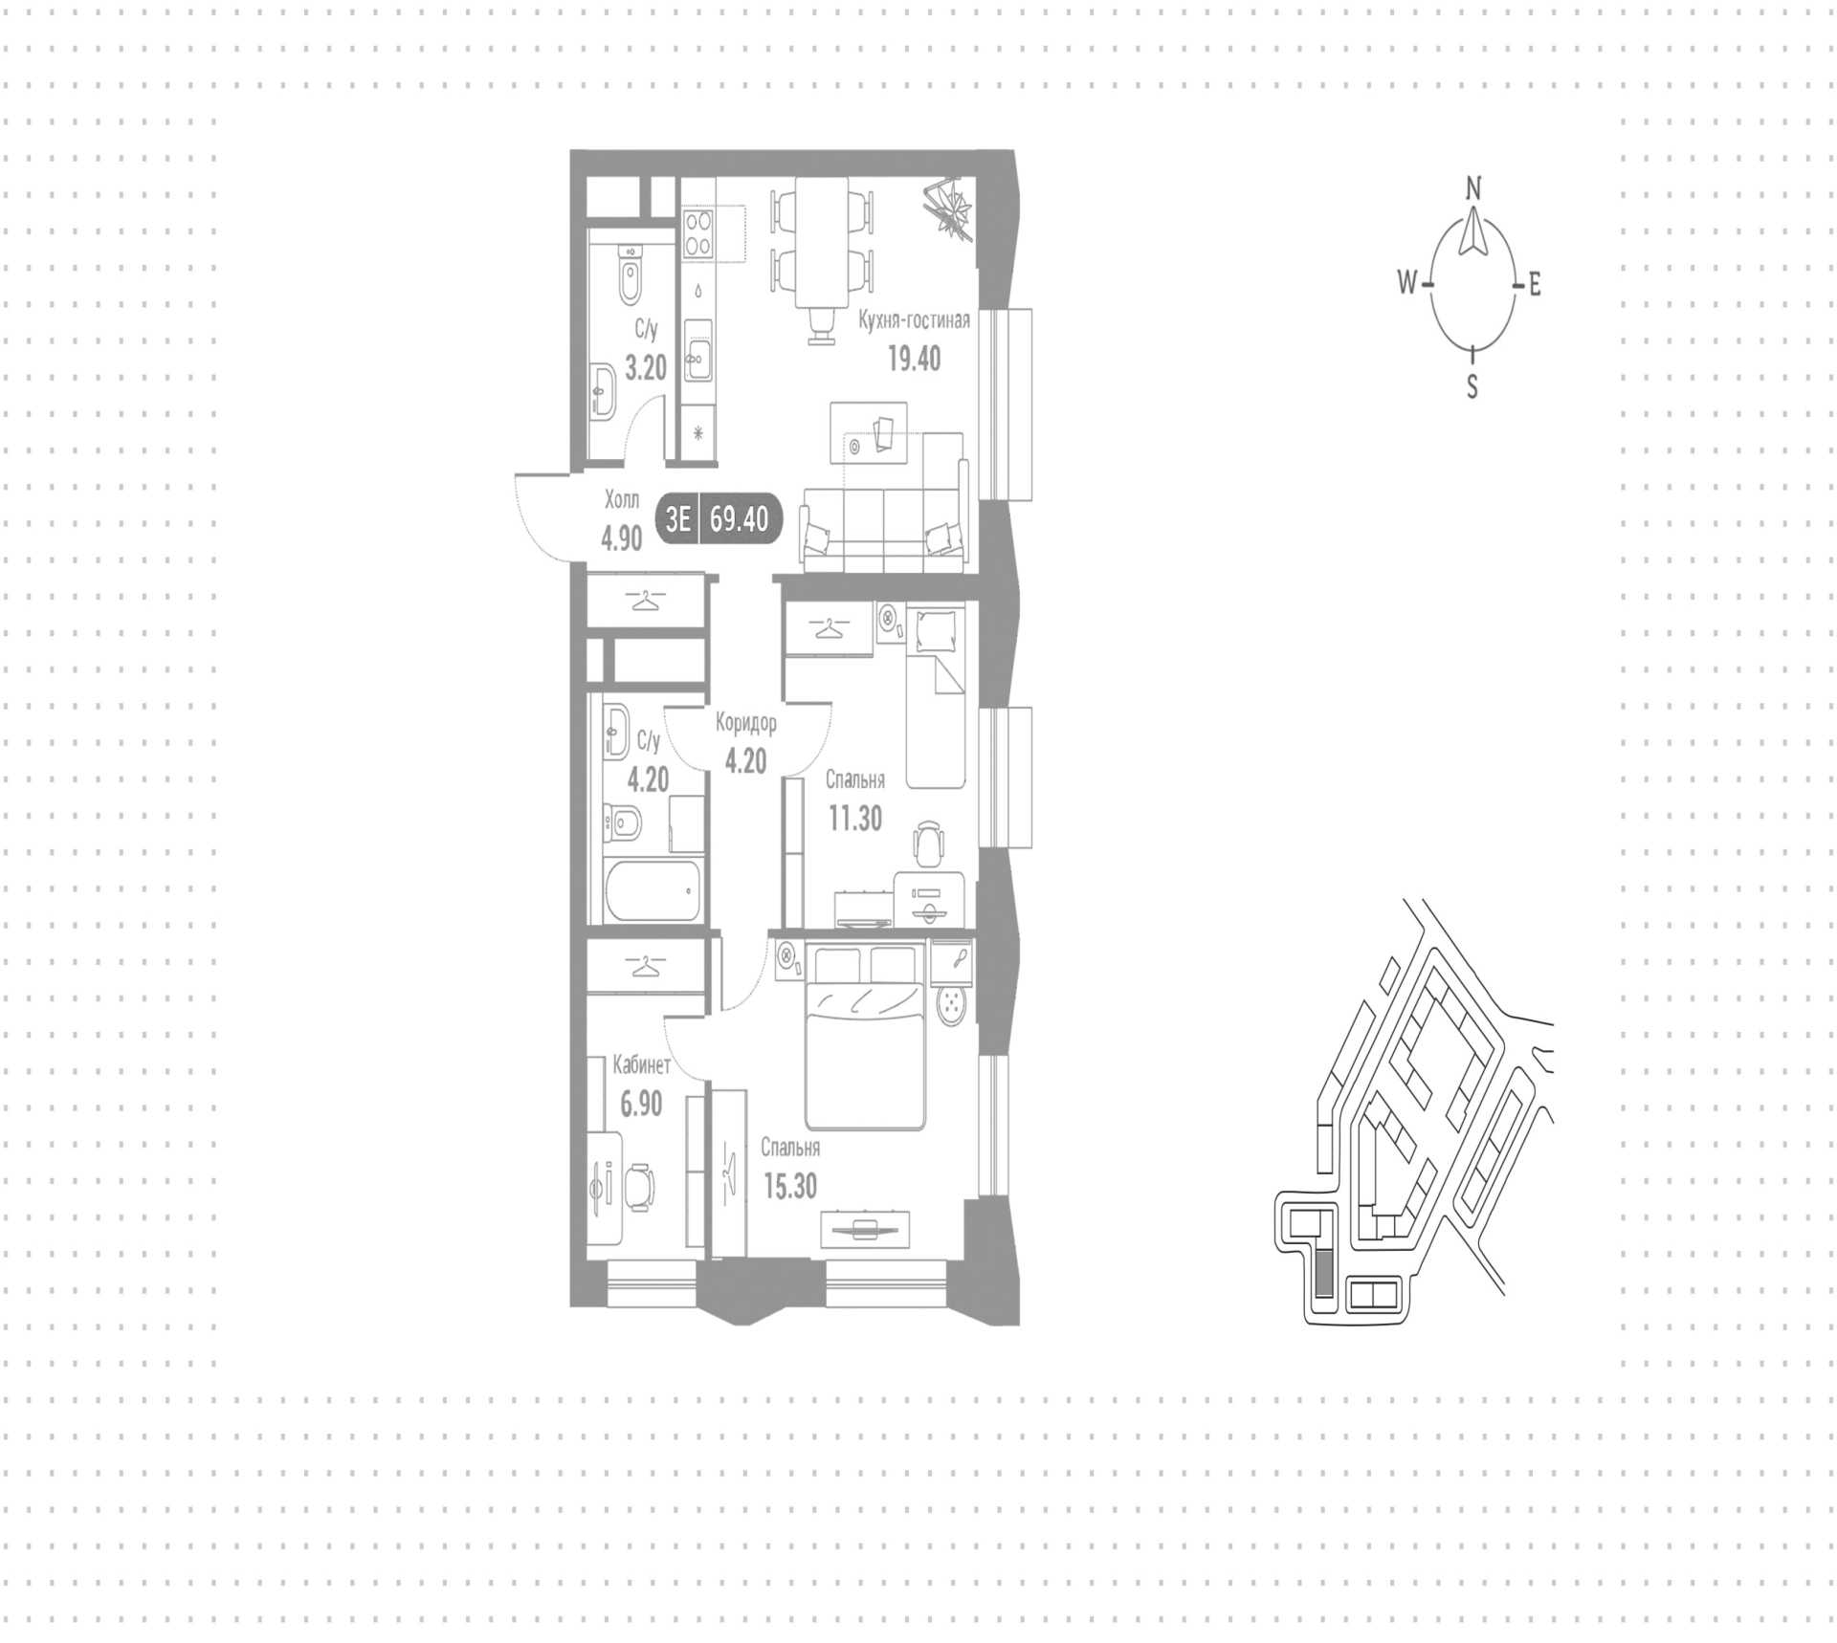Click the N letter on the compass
coord(1473,188)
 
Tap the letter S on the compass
coord(1472,386)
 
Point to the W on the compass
coord(1406,282)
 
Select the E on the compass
coord(1535,284)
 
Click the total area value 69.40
coord(740,519)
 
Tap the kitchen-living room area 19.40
coord(915,359)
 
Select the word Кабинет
coord(641,1065)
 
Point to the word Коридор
coord(746,723)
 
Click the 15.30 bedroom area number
coord(790,1186)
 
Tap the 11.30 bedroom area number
coord(855,819)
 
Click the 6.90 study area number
coord(641,1104)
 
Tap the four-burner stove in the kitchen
coord(698,233)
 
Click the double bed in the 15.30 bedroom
coord(866,1036)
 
